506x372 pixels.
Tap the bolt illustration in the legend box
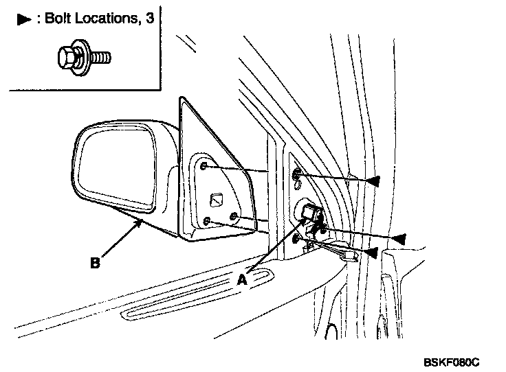click(x=81, y=58)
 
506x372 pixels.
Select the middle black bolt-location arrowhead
click(x=399, y=238)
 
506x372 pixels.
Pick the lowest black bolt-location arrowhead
click(x=370, y=253)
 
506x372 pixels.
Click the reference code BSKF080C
click(x=450, y=360)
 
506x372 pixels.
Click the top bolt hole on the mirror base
click(x=206, y=165)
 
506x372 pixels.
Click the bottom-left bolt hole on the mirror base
click(x=206, y=220)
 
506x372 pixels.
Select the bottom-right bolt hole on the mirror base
click(x=234, y=217)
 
